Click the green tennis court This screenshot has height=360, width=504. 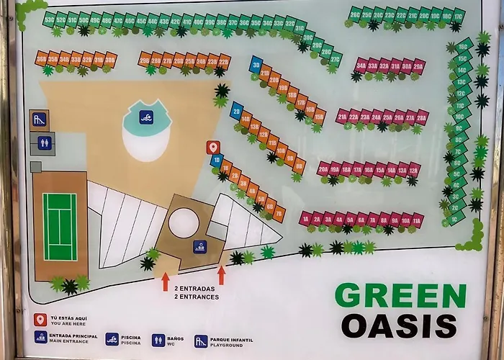(x=59, y=217)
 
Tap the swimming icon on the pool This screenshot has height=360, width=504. (x=146, y=116)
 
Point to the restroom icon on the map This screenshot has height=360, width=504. (x=45, y=143)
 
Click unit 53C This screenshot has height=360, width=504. (x=49, y=19)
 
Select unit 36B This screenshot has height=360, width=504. (x=41, y=59)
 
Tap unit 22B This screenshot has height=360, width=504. (x=224, y=60)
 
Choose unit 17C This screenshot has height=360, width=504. (x=458, y=15)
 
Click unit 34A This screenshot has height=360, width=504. (x=361, y=66)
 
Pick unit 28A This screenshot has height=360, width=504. (x=422, y=116)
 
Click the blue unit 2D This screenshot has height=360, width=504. (x=236, y=112)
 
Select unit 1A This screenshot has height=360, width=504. (x=306, y=219)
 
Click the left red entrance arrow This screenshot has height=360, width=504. (x=166, y=280)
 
